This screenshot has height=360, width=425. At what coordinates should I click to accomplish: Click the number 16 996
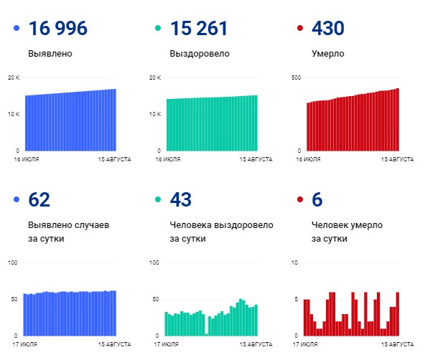point(57,29)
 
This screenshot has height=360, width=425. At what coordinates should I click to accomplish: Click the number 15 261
point(199,29)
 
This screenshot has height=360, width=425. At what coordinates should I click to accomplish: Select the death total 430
point(327,29)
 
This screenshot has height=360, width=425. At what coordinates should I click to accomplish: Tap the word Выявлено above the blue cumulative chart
point(50,54)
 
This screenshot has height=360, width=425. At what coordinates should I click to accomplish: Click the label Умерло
point(327,54)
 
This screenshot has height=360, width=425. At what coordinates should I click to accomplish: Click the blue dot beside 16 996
point(17,29)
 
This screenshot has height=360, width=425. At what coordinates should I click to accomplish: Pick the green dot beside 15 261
point(157,29)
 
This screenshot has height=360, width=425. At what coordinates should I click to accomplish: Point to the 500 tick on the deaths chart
point(296,77)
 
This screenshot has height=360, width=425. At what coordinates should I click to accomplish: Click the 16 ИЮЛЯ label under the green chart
point(167,161)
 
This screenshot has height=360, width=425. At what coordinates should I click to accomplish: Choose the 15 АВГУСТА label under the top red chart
point(398,161)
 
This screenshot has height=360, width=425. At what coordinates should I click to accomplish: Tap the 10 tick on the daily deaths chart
point(295,262)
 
